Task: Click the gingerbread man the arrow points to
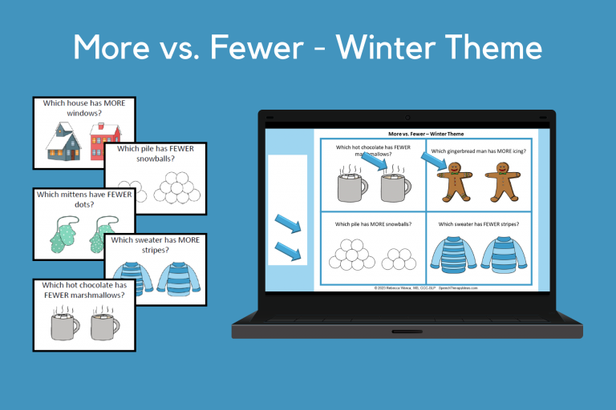tap(454, 181)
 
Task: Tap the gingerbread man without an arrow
tap(502, 181)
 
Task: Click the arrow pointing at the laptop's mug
tap(374, 164)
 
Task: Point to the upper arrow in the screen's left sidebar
tap(288, 223)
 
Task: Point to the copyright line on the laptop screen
tap(426, 287)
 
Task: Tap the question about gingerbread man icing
tap(479, 151)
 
